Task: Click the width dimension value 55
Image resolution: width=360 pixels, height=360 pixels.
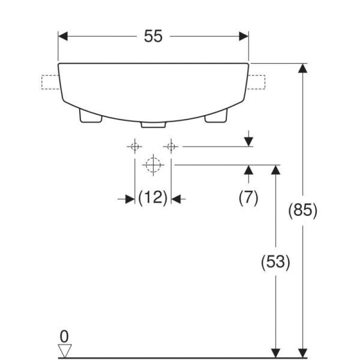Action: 153,37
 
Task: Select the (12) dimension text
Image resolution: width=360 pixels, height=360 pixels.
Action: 152,197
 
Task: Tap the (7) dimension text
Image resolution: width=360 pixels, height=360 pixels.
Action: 248,197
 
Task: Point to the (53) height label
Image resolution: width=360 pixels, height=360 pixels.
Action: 275,262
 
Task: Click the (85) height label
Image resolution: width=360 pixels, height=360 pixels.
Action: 303,211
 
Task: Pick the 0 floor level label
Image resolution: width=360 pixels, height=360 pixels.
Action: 64,335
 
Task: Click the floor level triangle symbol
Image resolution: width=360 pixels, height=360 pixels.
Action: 64,350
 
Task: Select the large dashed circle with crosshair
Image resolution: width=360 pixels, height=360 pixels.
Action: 153,164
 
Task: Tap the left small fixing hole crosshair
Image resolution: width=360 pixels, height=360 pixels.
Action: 135,146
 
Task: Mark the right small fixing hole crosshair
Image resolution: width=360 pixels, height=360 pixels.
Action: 171,146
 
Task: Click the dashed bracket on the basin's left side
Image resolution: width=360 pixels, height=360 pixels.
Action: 49,82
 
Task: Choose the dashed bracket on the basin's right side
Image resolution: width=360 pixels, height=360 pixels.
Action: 257,82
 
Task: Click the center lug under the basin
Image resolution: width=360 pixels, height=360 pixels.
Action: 153,124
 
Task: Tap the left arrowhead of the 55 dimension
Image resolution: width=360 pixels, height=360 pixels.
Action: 63,37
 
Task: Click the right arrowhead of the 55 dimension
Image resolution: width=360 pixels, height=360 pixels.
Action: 244,37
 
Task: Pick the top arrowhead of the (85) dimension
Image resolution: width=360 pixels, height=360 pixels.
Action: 303,68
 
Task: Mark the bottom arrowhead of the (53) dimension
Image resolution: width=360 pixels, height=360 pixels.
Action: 275,353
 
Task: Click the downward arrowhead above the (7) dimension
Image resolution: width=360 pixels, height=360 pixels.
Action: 248,141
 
